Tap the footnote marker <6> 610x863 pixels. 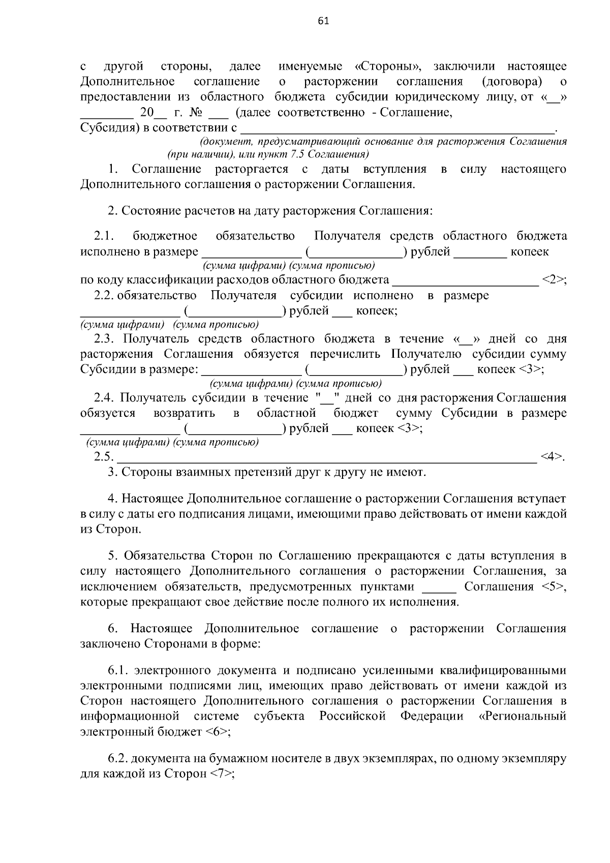[x=219, y=732]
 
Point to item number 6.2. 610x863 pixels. [x=118, y=759]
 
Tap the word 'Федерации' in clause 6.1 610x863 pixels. [x=432, y=717]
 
